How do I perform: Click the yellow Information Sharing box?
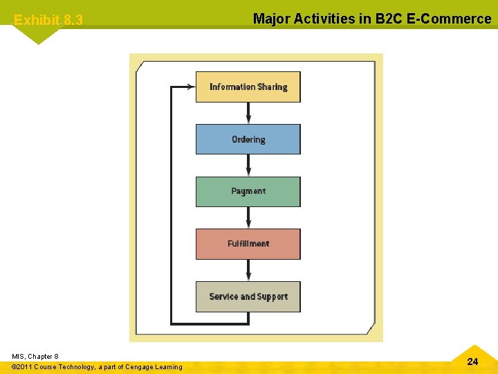coord(248,87)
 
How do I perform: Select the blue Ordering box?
coord(248,139)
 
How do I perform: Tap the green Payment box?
coord(248,192)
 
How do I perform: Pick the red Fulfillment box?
coord(248,244)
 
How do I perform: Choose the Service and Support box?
coord(248,296)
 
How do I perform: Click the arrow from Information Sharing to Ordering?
coord(248,113)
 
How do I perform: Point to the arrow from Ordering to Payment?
coord(248,165)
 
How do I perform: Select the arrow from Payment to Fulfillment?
coord(248,217)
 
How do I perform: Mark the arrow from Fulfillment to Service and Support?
coord(248,270)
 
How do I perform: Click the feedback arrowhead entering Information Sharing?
coord(190,87)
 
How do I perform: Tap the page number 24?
coord(472,362)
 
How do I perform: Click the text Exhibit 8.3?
coord(48,20)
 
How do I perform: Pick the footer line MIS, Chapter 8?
coord(35,356)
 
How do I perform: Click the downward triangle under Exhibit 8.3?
coord(37,35)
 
